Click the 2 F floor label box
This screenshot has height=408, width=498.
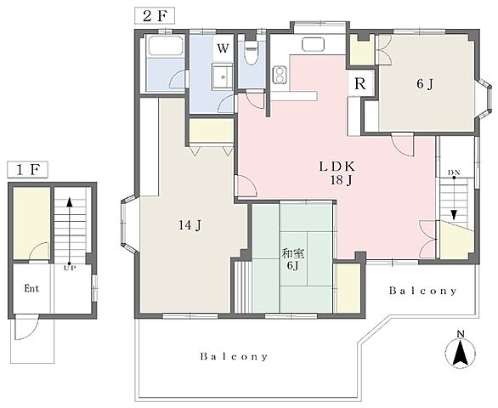click(x=155, y=16)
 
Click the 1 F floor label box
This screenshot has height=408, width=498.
click(x=27, y=170)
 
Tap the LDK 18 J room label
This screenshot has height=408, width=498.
click(x=337, y=173)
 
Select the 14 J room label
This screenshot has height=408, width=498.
click(x=190, y=225)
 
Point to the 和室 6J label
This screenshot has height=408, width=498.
click(x=293, y=259)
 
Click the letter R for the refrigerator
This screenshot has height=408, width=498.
click(x=360, y=84)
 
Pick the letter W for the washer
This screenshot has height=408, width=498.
click(x=223, y=48)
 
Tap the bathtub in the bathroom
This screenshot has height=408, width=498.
click(x=165, y=47)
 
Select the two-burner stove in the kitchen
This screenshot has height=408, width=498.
click(x=280, y=76)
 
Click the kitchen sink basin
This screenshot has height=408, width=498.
click(x=314, y=44)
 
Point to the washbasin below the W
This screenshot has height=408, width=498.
click(x=223, y=76)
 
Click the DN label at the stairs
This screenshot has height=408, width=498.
click(x=454, y=173)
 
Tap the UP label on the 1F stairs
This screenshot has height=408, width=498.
click(x=70, y=269)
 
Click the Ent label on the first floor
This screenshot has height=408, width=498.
click(x=31, y=288)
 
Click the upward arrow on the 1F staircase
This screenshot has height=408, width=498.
click(x=69, y=231)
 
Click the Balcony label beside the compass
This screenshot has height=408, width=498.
click(x=422, y=291)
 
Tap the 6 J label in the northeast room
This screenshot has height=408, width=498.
click(x=425, y=84)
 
